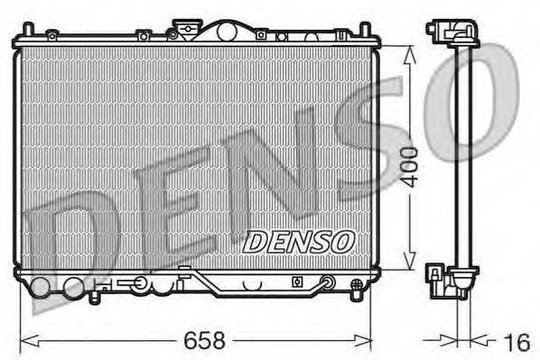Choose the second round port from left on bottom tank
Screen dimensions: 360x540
coord(73,289)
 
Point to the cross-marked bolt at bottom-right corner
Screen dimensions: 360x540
coord(354,291)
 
